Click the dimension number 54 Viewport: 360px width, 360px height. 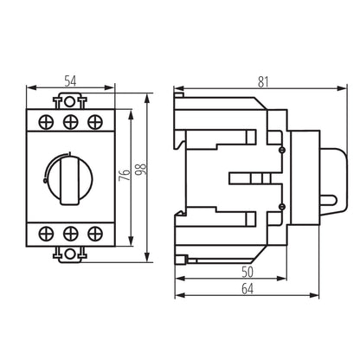(x=72, y=80)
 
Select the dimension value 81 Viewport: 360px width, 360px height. (x=262, y=81)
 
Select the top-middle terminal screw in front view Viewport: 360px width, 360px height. (x=72, y=120)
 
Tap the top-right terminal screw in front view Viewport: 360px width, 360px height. (x=93, y=120)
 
